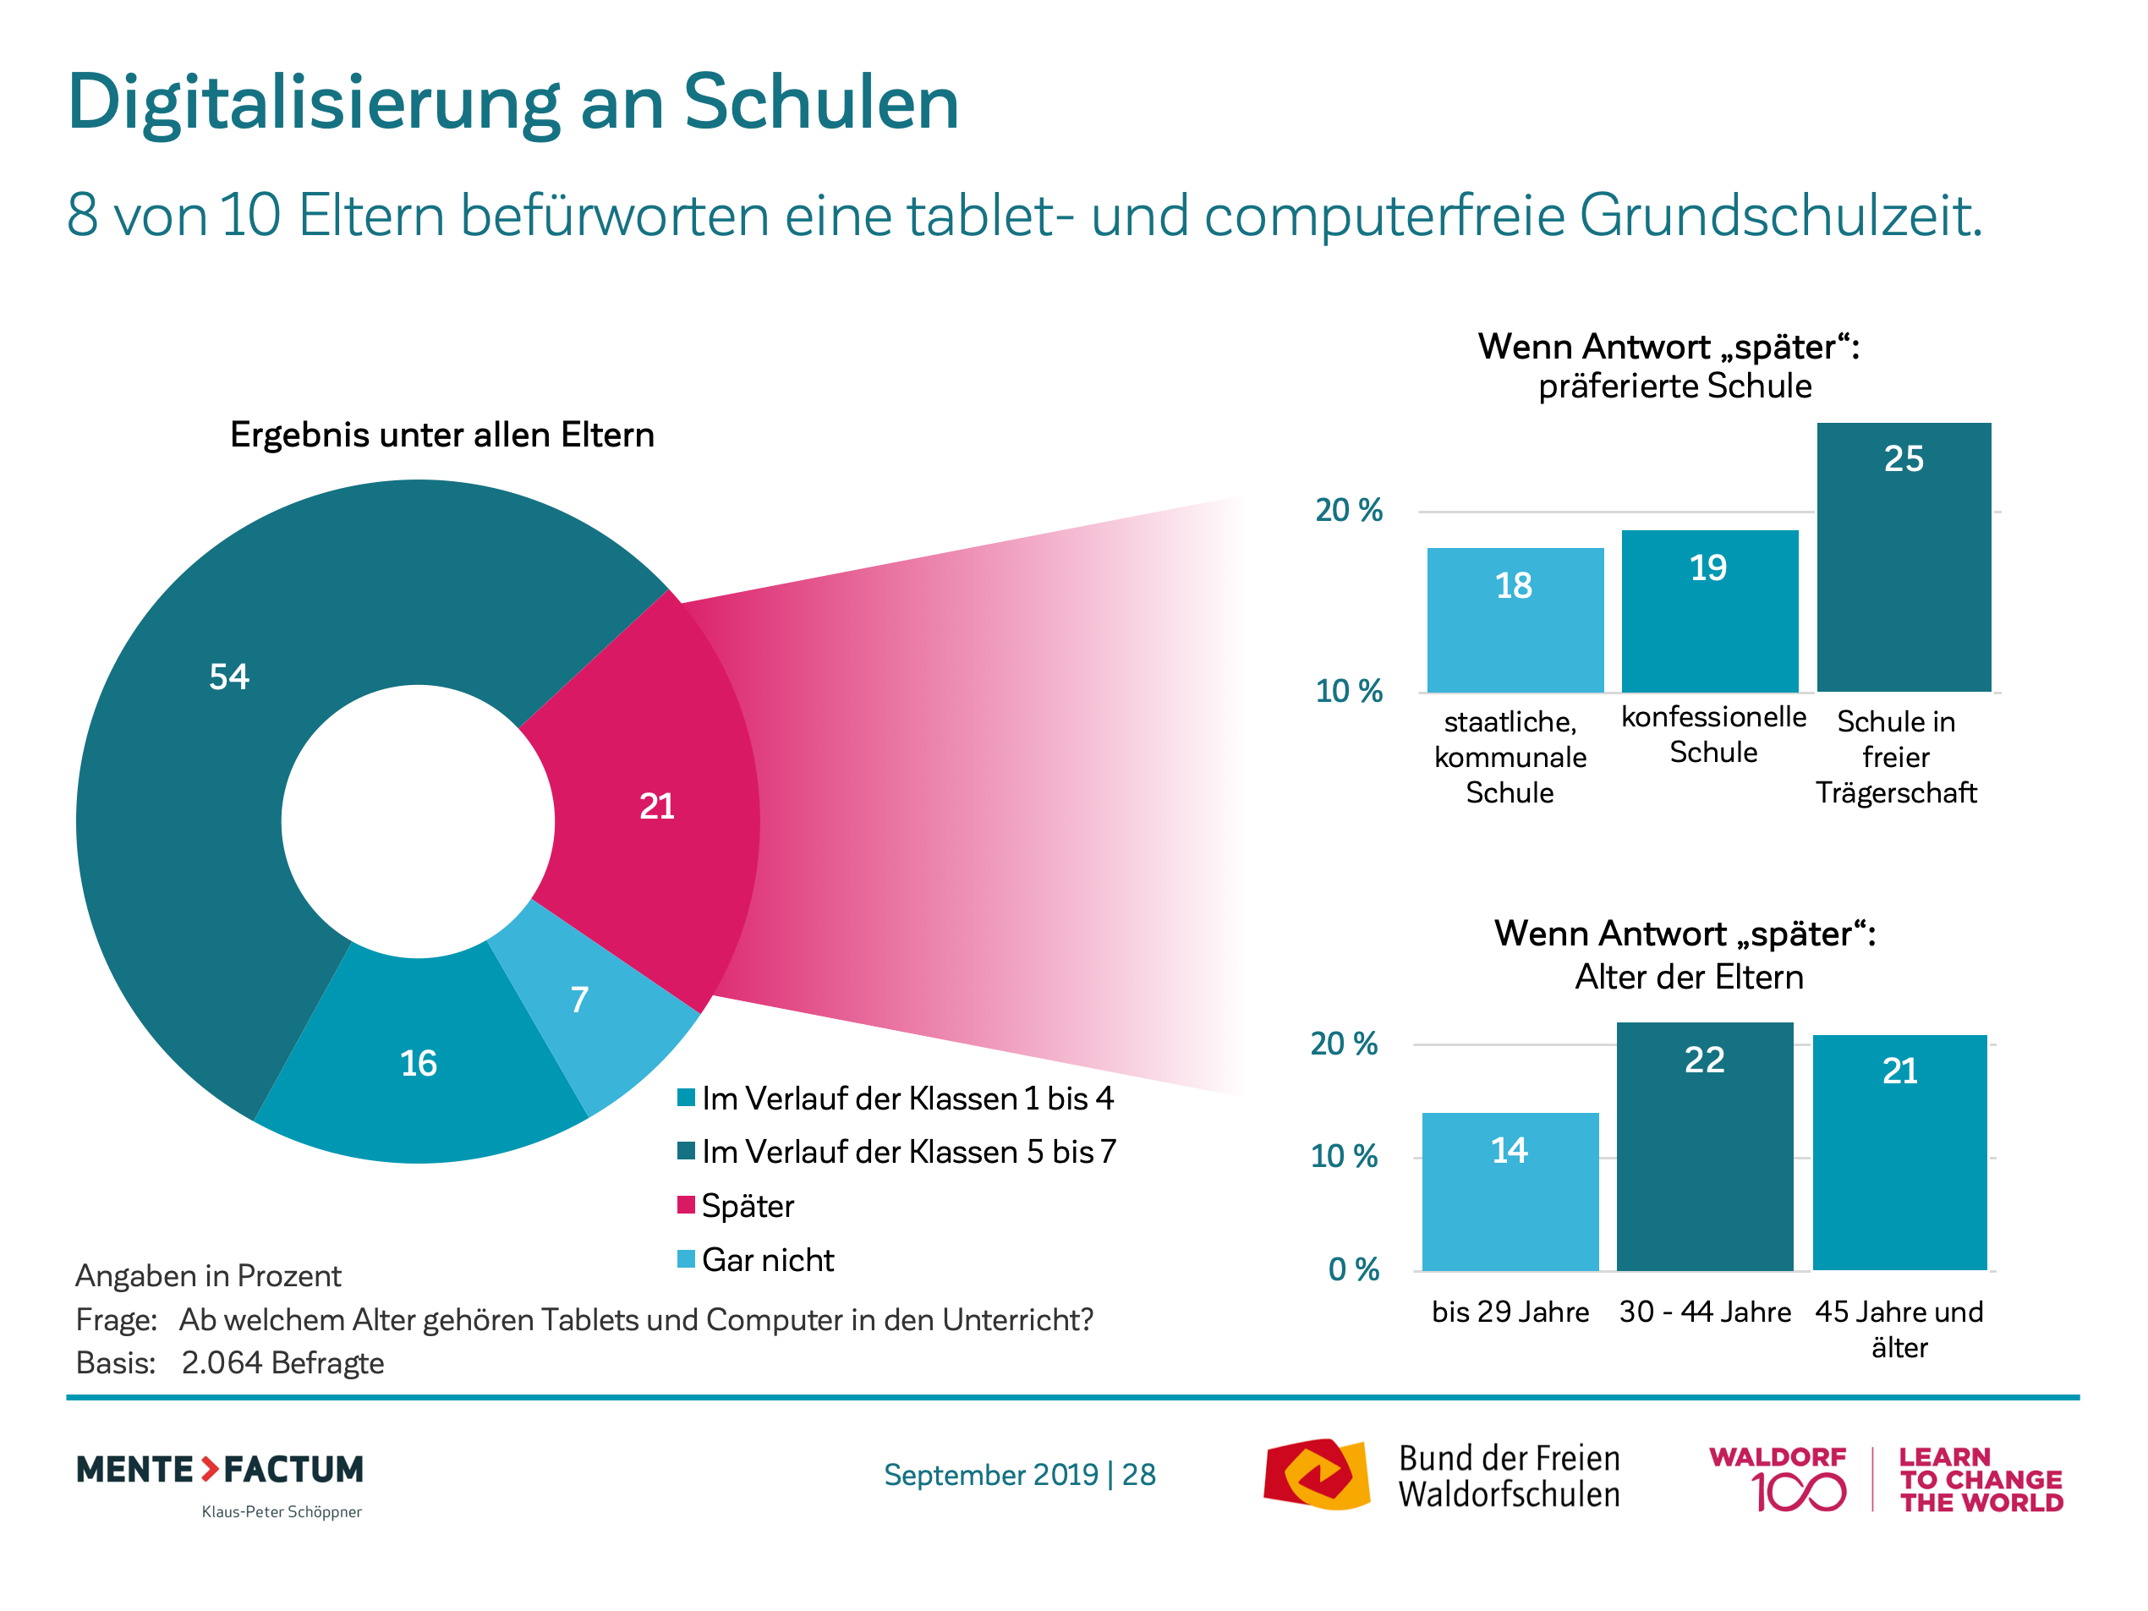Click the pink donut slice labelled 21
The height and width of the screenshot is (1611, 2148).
point(656,806)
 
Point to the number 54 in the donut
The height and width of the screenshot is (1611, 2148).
point(229,677)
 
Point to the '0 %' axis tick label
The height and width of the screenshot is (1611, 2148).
point(1354,1269)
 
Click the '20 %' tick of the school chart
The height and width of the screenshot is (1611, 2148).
point(1349,510)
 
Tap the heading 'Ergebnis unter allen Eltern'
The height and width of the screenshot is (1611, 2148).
point(441,434)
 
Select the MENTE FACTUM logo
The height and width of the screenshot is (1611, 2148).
point(221,1470)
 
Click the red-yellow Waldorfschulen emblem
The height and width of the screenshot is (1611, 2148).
point(1316,1474)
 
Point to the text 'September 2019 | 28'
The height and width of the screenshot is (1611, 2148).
point(1020,1474)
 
